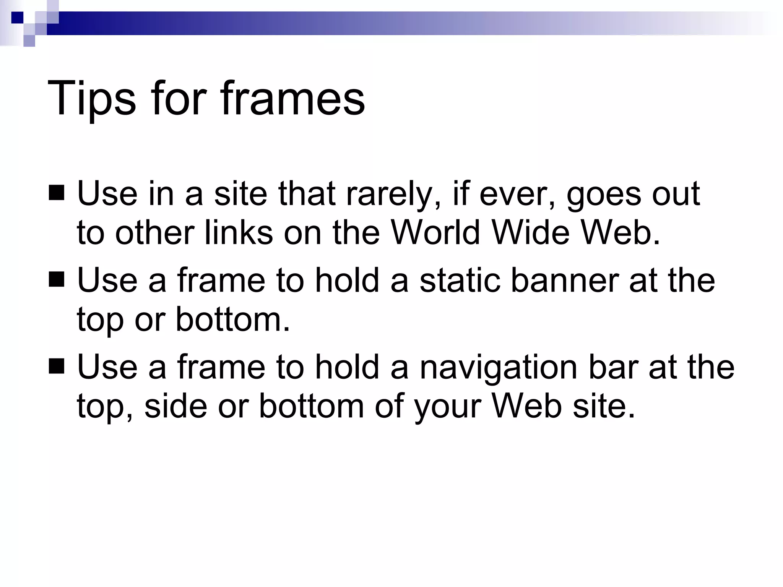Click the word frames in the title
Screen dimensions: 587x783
tap(293, 99)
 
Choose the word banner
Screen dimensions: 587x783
tap(564, 280)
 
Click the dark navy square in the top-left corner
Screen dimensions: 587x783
tap(17, 18)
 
